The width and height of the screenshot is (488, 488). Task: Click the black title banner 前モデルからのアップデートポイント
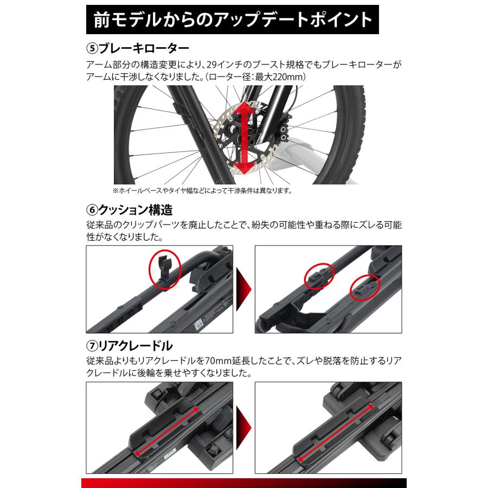(x=233, y=20)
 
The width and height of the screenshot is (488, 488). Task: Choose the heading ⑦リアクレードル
(x=130, y=346)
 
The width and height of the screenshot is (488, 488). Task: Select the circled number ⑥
(x=92, y=209)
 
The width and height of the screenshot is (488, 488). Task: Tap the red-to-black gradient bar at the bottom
(x=243, y=483)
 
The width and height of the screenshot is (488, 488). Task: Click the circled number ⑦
(x=92, y=346)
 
